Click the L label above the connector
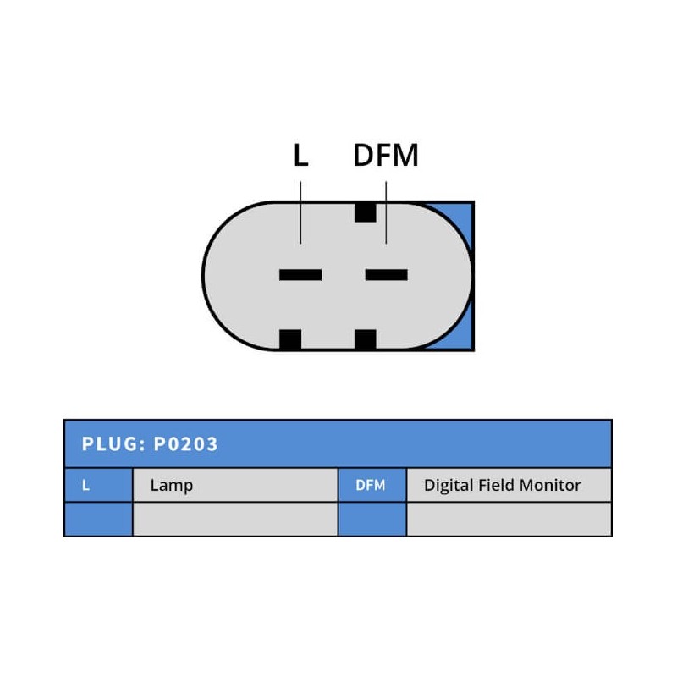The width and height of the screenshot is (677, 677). point(300,156)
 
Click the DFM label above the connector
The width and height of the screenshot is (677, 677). point(386,156)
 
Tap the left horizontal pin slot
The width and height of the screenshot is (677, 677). point(300,274)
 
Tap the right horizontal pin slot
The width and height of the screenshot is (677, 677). point(386,274)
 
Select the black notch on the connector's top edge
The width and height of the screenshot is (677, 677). point(365,212)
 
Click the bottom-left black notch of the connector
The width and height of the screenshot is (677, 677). point(290,339)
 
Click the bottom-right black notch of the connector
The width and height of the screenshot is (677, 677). point(365,339)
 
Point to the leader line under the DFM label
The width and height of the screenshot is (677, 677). point(386,222)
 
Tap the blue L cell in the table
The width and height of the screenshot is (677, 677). point(98,485)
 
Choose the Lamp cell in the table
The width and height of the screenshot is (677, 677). point(234,485)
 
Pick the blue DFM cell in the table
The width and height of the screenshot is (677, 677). point(372,485)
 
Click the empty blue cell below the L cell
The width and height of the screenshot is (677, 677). point(98,519)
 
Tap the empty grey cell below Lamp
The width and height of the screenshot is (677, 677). point(234,519)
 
